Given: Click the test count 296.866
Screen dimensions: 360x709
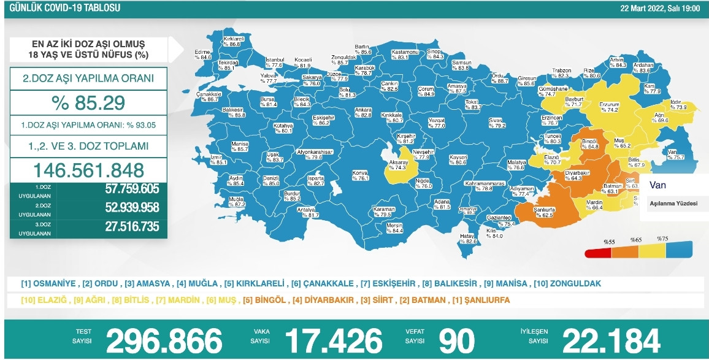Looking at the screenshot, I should point(164,340).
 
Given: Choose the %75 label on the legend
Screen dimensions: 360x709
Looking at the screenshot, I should point(662,239).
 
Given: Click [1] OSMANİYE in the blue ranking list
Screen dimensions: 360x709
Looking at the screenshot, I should point(49,284).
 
